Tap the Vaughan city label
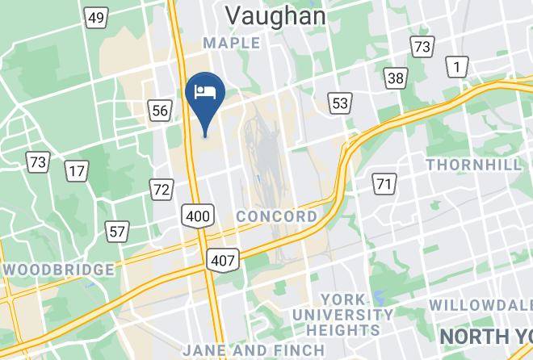(275, 15)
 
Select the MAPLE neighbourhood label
(232, 43)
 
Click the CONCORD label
(277, 216)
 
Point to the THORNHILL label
(473, 165)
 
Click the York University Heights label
(343, 315)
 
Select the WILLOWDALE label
(481, 305)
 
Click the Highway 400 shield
(199, 215)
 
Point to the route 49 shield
(97, 18)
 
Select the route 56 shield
(159, 110)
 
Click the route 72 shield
(161, 190)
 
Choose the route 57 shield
(118, 232)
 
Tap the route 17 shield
(77, 170)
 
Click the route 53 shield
(339, 102)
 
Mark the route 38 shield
(396, 78)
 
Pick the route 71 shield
(384, 184)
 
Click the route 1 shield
(458, 67)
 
